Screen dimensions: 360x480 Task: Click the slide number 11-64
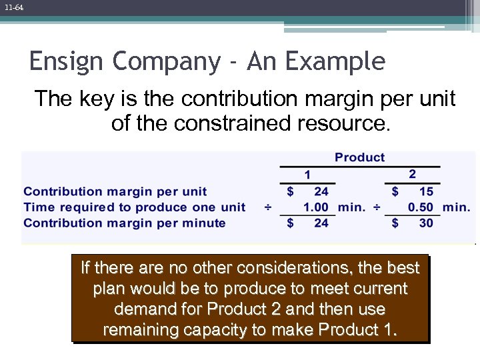[13, 7]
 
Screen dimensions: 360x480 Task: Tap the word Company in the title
[166, 62]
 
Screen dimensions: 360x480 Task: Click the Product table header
[359, 157]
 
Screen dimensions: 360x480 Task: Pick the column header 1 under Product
[307, 175]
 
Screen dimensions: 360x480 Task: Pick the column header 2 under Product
[412, 174]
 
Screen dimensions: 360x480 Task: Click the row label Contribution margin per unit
[115, 191]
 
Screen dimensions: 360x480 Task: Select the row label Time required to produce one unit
[134, 207]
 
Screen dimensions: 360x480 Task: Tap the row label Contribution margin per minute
[125, 223]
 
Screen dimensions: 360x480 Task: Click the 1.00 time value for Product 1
[316, 207]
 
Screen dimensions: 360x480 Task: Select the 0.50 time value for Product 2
[421, 207]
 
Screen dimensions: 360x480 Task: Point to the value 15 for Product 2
[426, 191]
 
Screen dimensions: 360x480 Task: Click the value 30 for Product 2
[426, 223]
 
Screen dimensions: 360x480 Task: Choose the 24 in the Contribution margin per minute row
[321, 223]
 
